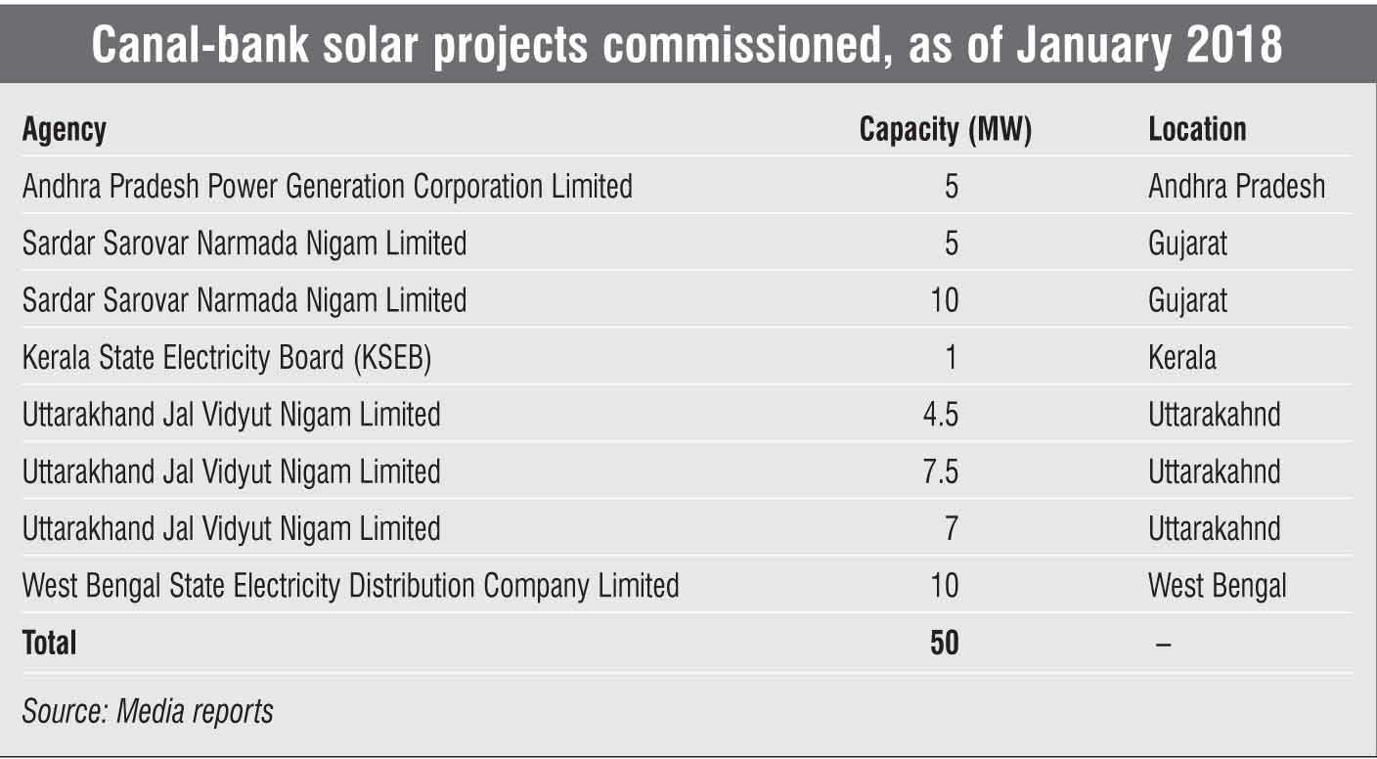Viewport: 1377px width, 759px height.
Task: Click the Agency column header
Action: (65, 130)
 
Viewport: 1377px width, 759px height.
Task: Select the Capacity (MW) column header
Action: (945, 130)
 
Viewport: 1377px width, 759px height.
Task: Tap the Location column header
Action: (1197, 130)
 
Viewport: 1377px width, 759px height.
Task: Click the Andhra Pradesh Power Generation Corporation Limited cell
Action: (327, 186)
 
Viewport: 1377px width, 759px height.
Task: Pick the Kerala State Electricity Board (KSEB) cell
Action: (227, 358)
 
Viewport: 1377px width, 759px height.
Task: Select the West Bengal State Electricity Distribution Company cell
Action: (350, 586)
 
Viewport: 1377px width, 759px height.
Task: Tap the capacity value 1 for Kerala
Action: (951, 358)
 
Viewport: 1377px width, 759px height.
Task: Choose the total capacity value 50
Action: (945, 643)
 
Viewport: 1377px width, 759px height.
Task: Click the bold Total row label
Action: (49, 643)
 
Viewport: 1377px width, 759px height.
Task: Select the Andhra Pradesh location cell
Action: (1236, 186)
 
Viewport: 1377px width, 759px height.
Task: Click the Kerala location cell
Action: (1182, 358)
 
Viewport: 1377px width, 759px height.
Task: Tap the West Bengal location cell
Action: (1217, 586)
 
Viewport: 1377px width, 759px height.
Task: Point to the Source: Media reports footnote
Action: (148, 711)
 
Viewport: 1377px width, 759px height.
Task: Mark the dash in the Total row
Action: (1163, 644)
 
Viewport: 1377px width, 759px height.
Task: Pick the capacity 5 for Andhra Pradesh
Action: (951, 186)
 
